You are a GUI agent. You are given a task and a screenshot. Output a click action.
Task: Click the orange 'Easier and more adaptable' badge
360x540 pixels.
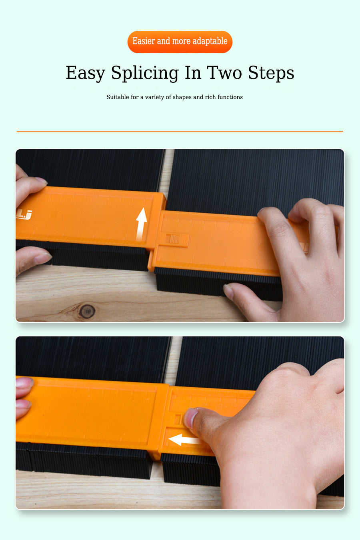coord(180,42)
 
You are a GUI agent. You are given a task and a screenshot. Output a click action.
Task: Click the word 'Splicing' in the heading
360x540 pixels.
coord(145,73)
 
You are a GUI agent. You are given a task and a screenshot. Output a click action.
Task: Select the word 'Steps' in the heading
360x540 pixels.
coord(271,73)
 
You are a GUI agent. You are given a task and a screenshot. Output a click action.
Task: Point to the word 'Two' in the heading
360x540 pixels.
coord(224,72)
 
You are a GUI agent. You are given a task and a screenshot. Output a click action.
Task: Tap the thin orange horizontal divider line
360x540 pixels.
coord(180,131)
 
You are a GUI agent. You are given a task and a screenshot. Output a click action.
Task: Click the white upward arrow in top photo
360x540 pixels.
coord(141,224)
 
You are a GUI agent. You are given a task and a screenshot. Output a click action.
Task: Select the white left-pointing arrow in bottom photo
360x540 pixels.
coord(185,440)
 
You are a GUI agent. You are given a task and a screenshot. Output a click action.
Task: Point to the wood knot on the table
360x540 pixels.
coord(87,311)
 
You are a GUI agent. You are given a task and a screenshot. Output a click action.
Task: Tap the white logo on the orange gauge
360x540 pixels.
coord(24,215)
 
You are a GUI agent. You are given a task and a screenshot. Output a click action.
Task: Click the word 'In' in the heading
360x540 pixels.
coord(193,72)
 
